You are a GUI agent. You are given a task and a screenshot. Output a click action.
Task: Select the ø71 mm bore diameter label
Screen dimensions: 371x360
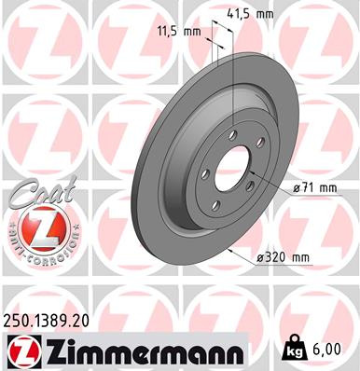(314, 186)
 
